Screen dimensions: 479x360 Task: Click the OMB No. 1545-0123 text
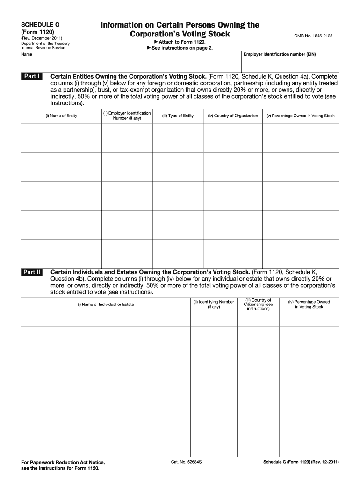[x=313, y=36]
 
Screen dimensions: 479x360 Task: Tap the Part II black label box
[x=32, y=272]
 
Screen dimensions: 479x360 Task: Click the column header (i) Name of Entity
[x=61, y=116]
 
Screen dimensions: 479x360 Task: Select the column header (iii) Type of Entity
[x=178, y=116]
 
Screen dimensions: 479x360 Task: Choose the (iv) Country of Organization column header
[x=233, y=116]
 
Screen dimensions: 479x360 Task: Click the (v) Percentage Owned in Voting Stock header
[x=301, y=116]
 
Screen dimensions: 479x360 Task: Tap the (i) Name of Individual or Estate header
[x=106, y=305]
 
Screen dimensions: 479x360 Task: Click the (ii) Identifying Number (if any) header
[x=214, y=305]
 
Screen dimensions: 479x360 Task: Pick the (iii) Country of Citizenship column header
[x=258, y=305]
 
